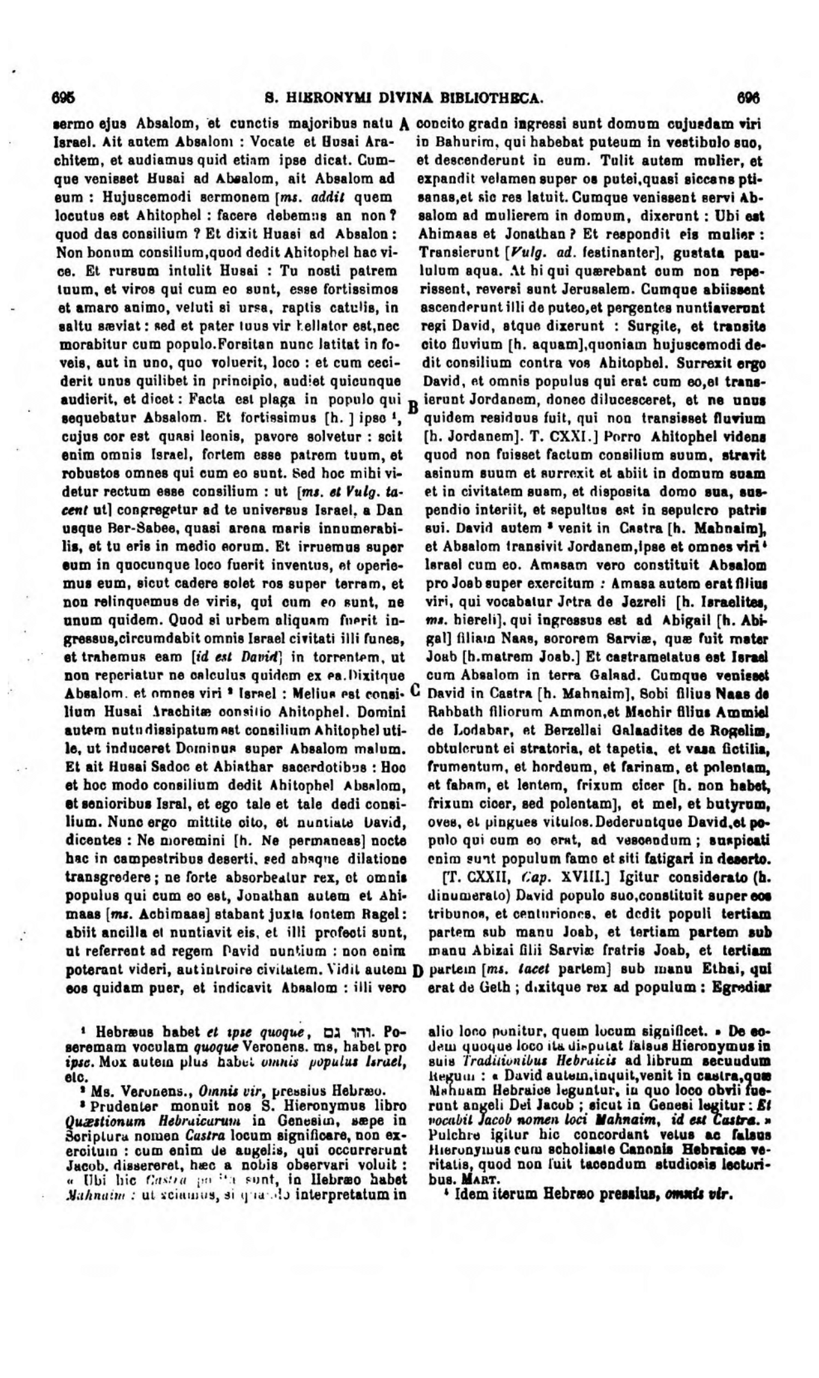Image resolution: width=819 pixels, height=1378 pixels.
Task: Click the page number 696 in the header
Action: point(748,99)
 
